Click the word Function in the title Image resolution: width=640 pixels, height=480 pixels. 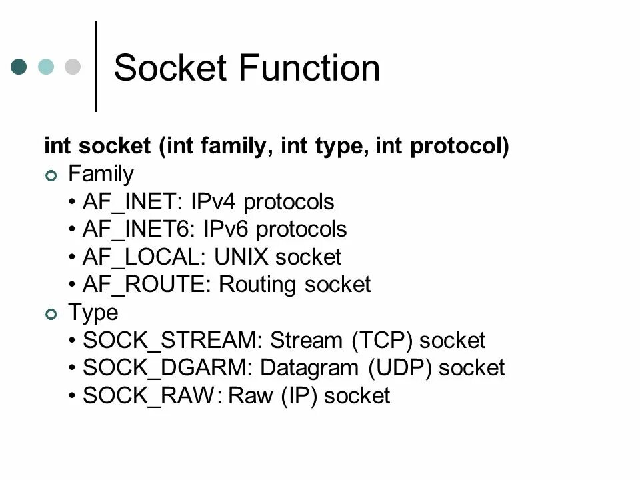click(310, 68)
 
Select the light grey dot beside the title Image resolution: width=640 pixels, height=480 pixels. click(72, 67)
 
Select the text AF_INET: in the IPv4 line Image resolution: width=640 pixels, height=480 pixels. click(133, 202)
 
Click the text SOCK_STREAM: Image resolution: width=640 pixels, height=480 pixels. click(173, 341)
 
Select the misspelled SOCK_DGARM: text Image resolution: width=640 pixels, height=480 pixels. click(168, 369)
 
